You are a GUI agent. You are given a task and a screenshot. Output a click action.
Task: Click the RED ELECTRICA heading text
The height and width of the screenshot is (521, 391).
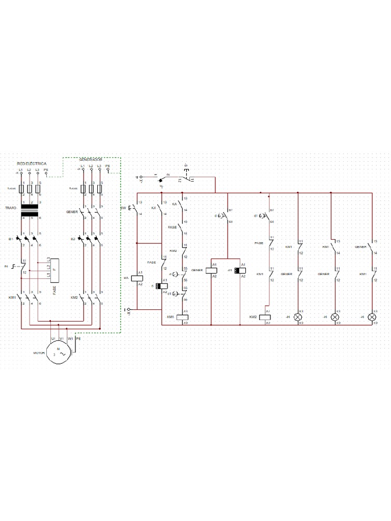[x=32, y=164]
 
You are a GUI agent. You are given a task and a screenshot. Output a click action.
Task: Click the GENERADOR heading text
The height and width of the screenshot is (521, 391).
[x=91, y=159]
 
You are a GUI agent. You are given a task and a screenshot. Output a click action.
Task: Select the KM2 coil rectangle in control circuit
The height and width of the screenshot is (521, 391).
[x=265, y=316]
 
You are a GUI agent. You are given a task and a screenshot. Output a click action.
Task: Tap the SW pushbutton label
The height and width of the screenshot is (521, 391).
[x=123, y=209]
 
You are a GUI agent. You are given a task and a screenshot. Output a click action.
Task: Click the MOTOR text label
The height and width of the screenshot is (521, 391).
[x=39, y=352]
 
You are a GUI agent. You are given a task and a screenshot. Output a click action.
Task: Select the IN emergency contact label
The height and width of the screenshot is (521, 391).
[x=6, y=266]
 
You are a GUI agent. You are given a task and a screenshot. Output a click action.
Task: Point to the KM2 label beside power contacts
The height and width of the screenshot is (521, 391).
[x=74, y=297]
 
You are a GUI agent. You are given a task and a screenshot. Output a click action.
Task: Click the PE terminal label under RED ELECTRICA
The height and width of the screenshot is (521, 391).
[x=46, y=169]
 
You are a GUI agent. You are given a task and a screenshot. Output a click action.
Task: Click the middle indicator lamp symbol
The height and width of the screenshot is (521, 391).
[x=335, y=316]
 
